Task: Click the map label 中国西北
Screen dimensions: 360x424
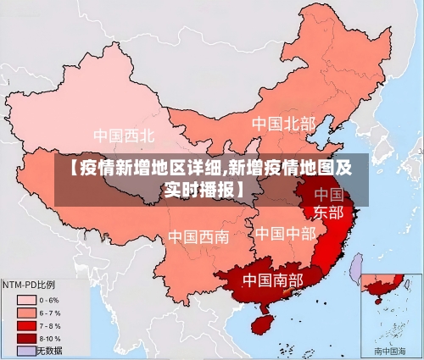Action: click(x=124, y=135)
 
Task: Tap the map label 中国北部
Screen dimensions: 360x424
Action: click(x=283, y=125)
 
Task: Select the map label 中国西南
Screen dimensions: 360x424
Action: click(x=198, y=236)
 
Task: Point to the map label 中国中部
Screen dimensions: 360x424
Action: click(x=285, y=233)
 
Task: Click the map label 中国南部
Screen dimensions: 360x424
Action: click(x=272, y=279)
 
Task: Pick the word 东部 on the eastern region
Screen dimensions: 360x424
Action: click(x=329, y=212)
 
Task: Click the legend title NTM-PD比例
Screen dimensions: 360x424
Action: click(x=31, y=285)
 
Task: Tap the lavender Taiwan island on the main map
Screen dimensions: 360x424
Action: click(x=357, y=269)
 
